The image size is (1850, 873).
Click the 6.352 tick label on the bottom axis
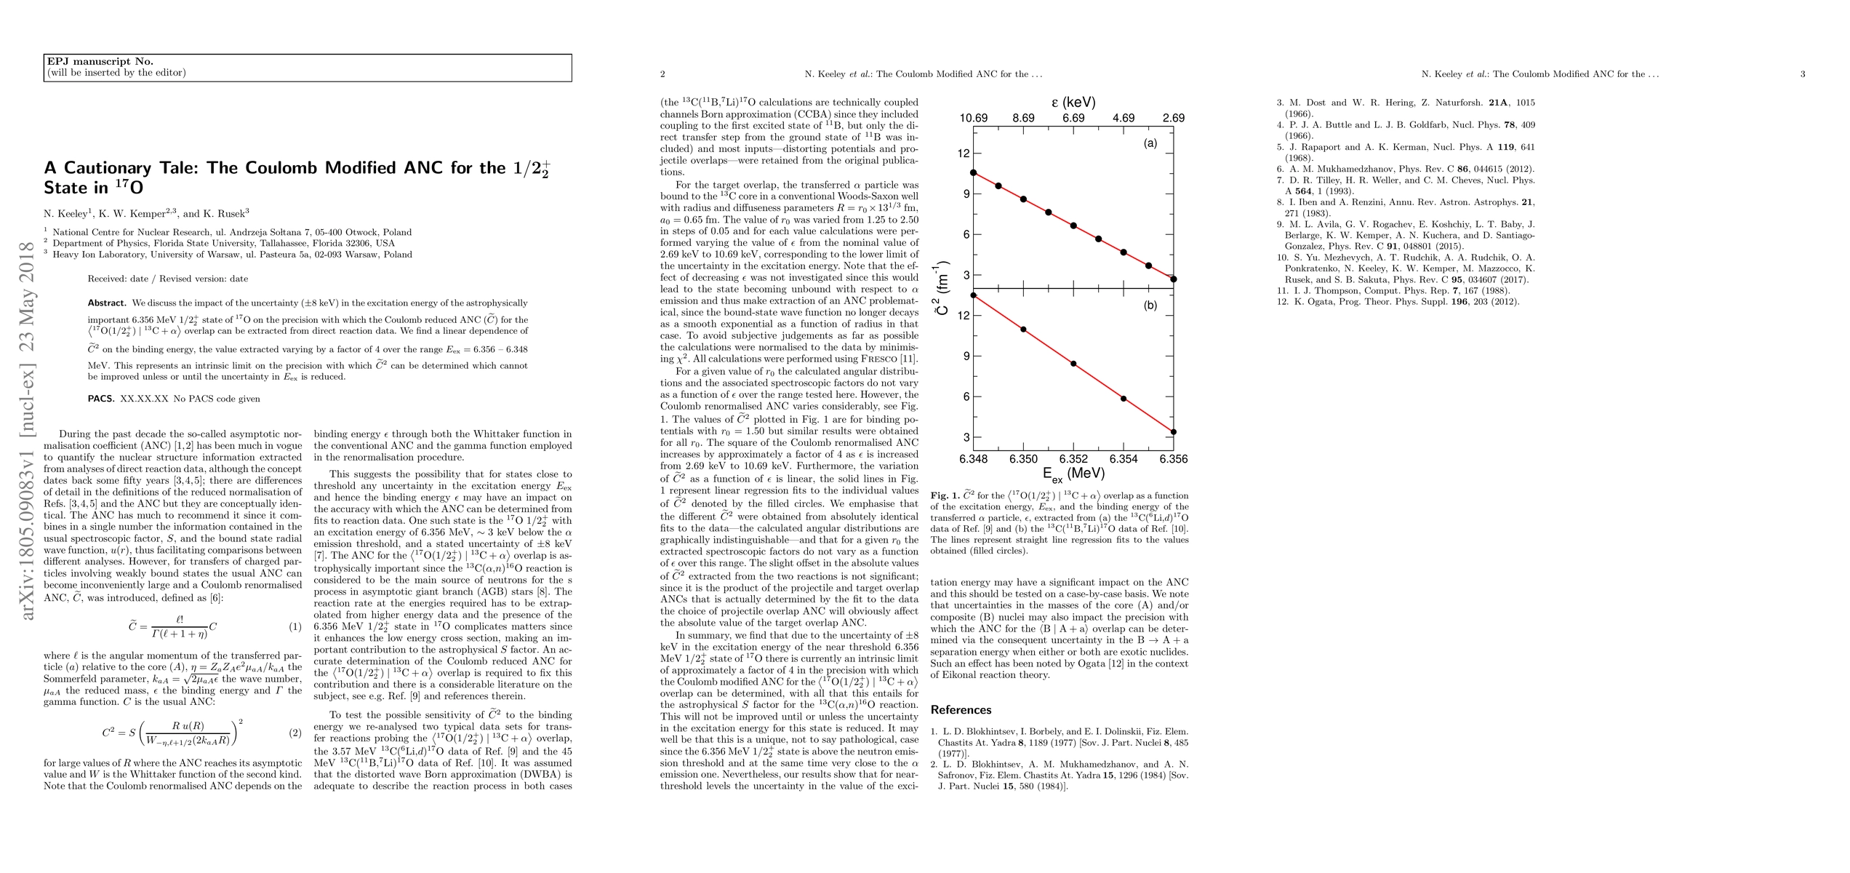[1073, 459]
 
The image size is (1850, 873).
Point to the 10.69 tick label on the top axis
[974, 118]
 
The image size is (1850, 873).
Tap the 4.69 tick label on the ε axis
[1124, 118]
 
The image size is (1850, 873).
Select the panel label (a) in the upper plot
[1150, 144]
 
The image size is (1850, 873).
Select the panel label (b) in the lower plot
[1150, 306]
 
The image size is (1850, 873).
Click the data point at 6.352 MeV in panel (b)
[1073, 364]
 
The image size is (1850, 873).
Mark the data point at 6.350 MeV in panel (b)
[1024, 330]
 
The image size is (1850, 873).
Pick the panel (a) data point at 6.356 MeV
[1174, 279]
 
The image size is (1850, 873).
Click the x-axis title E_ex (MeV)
[1073, 474]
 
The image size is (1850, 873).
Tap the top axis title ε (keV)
[1073, 103]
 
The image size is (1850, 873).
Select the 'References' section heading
[961, 710]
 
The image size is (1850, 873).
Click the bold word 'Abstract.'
[107, 303]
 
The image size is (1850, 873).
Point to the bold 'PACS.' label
[101, 399]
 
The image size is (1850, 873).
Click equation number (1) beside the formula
[295, 626]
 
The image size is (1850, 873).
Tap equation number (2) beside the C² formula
[295, 733]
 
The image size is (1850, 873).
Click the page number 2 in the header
[663, 74]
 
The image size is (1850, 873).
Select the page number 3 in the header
[1803, 74]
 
